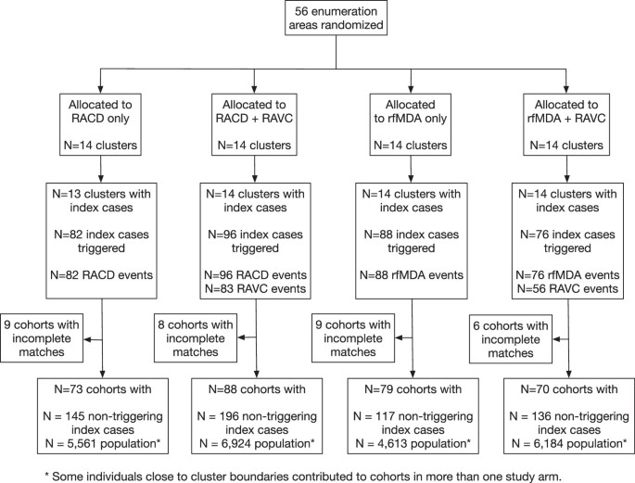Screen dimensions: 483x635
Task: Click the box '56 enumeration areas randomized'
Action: pyautogui.click(x=318, y=28)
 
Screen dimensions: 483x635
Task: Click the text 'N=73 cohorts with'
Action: pyautogui.click(x=103, y=388)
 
